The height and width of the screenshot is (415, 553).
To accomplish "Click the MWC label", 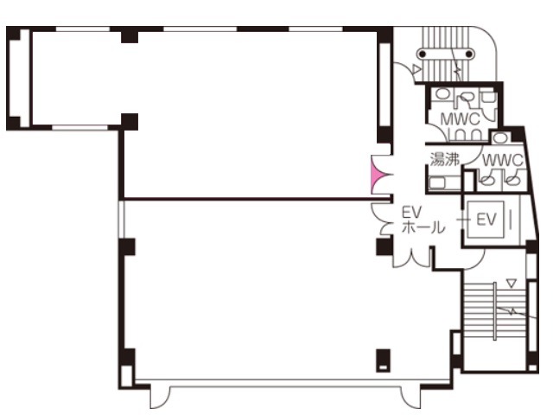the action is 461,119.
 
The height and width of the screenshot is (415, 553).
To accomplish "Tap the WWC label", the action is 503,161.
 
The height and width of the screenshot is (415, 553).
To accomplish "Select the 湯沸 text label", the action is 445,159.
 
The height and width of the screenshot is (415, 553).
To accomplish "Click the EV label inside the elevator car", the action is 486,219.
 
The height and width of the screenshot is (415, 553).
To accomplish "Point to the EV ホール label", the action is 423,220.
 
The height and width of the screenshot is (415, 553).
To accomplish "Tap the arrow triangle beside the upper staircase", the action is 416,69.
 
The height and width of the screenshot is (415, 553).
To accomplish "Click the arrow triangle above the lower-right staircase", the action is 512,283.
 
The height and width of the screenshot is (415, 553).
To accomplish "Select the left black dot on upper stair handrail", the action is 423,54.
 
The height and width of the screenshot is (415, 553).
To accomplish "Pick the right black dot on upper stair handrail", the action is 469,54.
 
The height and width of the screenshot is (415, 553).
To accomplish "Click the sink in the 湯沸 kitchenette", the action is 438,182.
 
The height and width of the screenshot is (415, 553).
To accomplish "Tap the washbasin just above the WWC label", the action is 499,137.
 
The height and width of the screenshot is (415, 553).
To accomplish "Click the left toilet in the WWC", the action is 486,180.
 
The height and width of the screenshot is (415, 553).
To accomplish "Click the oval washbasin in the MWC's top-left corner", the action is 442,94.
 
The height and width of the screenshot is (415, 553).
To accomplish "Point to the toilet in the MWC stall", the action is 467,96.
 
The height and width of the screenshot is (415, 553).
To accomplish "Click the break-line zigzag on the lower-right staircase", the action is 512,311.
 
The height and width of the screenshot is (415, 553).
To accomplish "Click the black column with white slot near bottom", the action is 384,361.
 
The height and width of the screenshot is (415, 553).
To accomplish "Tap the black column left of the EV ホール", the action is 384,246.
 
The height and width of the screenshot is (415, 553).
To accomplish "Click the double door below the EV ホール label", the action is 412,259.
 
